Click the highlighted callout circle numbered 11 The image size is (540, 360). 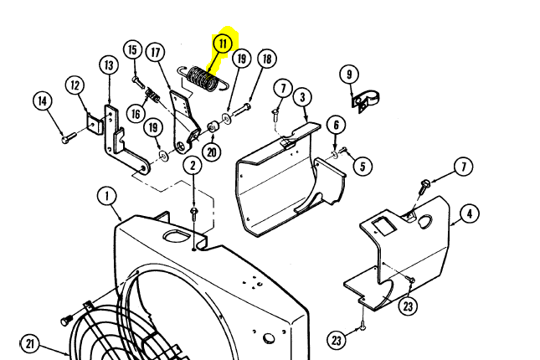223,43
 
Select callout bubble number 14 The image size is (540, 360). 43,101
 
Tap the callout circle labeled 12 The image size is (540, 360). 75,85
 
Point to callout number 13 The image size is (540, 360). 109,64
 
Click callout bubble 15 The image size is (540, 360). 131,50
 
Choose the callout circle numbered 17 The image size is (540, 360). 154,53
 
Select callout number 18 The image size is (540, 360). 266,59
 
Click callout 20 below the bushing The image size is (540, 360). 211,152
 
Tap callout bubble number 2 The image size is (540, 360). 192,165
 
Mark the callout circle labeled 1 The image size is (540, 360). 106,197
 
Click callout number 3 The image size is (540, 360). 302,97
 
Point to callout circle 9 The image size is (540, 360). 348,75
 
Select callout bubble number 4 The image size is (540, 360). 469,214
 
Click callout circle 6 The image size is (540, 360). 336,125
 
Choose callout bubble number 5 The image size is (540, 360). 362,166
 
